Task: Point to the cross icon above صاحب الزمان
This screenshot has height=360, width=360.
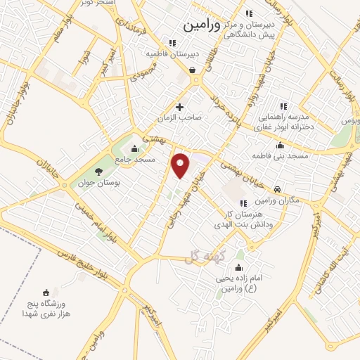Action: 180,108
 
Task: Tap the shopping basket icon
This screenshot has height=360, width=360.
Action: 192,70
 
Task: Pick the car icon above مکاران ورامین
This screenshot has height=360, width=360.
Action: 278,189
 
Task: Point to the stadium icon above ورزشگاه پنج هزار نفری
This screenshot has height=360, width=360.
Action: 46,292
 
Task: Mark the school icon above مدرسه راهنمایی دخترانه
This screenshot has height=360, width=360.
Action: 283,105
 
